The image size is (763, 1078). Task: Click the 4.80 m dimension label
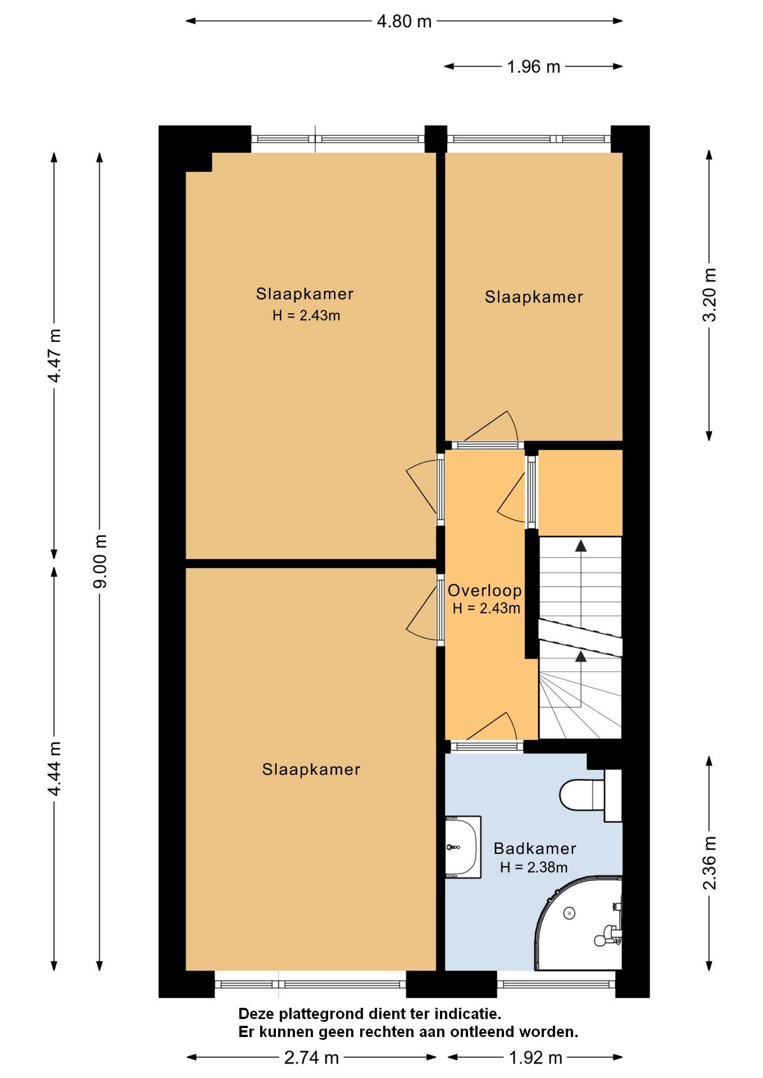click(x=404, y=21)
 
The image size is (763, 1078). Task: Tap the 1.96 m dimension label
click(x=533, y=67)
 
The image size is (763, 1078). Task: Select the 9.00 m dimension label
click(x=100, y=561)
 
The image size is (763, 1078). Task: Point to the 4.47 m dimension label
click(x=54, y=355)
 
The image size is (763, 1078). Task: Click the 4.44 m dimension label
click(x=54, y=769)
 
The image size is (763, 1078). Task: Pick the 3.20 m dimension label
click(x=710, y=295)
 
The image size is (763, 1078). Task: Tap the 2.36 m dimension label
click(x=710, y=863)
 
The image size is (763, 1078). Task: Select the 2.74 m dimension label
click(x=311, y=1058)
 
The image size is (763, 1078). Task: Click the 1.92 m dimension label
click(x=535, y=1058)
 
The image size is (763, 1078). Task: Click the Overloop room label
click(x=484, y=590)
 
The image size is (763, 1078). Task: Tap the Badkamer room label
click(x=535, y=848)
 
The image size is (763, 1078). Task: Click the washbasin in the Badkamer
click(x=463, y=847)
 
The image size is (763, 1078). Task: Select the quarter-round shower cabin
click(x=579, y=923)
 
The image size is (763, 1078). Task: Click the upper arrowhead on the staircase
click(x=580, y=545)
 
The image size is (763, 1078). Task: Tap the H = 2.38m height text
click(x=534, y=867)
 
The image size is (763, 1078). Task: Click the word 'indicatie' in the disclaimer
click(x=468, y=1014)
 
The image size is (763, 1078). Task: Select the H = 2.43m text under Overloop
click(x=486, y=608)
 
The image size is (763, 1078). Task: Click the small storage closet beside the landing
click(x=580, y=492)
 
